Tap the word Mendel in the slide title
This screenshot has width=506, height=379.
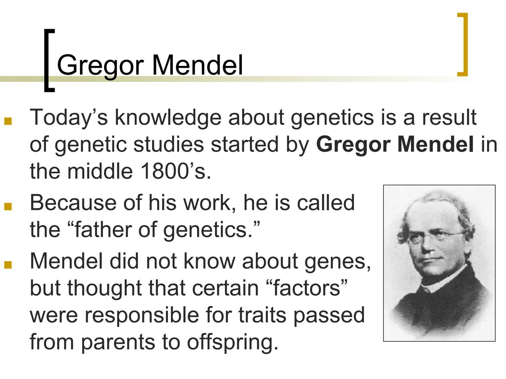[197, 65]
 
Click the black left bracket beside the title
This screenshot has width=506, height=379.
[48, 60]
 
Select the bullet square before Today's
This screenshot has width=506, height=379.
[8, 121]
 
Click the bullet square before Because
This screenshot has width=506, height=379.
[8, 206]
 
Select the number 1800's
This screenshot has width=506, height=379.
[175, 171]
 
